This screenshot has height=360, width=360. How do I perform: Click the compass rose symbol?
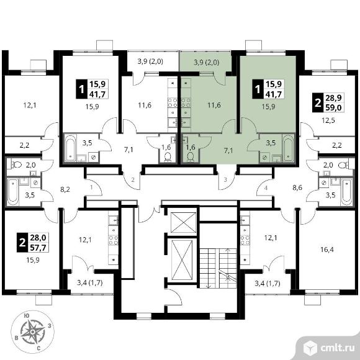pos(33,332)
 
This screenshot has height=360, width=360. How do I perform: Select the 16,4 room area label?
pos(327,250)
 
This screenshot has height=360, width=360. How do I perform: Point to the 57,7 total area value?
pos(38,248)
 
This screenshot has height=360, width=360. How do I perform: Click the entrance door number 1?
pos(91,187)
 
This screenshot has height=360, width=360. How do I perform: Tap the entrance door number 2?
pos(133,179)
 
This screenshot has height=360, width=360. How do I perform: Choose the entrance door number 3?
pos(225,179)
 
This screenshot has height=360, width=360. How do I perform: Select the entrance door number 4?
pos(266,188)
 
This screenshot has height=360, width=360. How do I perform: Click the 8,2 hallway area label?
pos(65,189)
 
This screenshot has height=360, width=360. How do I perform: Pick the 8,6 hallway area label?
pos(297,188)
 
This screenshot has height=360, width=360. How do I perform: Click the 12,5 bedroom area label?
pos(328,120)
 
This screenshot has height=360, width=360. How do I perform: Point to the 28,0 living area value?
pos(38,237)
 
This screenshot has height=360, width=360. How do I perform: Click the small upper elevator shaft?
pos(182,223)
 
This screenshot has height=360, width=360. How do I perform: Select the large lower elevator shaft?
pos(182,259)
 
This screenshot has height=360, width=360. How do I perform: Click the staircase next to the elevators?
pos(218,268)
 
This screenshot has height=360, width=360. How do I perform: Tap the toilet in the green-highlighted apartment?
pos(190,157)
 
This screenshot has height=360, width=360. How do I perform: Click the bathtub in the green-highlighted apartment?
pos(288,148)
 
